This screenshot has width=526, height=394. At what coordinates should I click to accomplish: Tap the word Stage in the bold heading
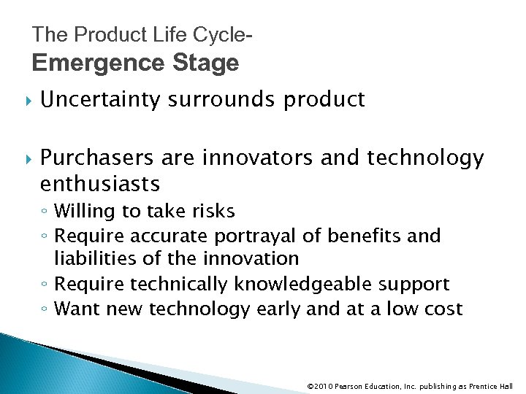point(207,63)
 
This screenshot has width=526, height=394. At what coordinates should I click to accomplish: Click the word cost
point(440,309)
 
